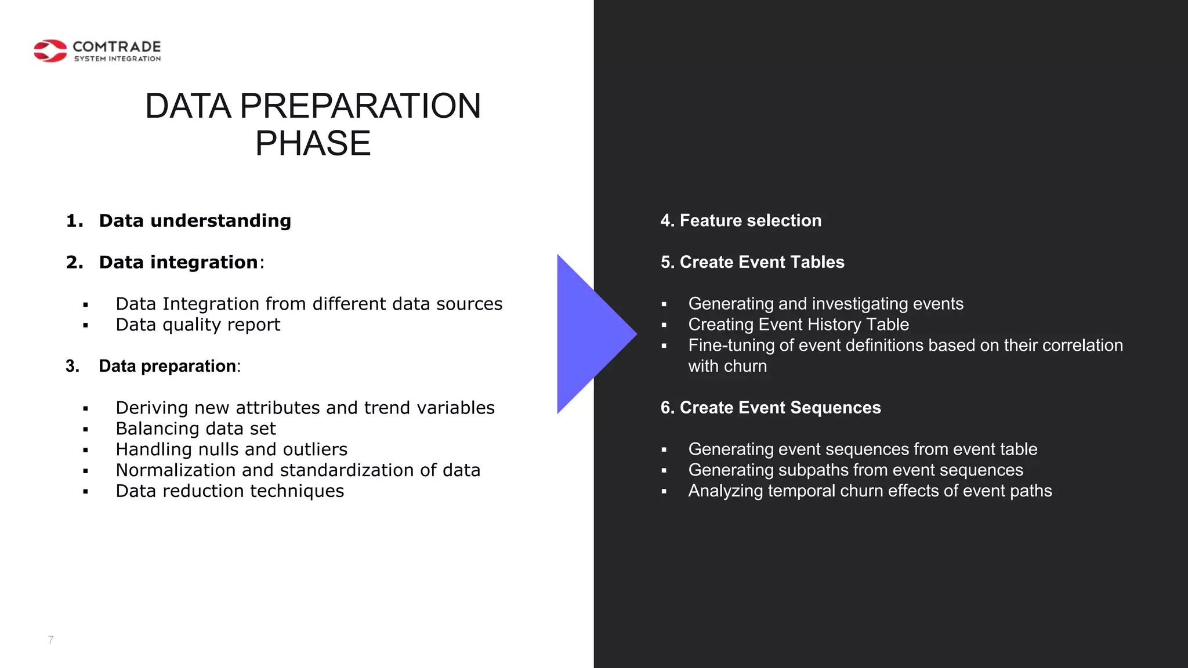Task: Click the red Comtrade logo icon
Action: point(50,51)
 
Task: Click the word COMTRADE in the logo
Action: point(117,46)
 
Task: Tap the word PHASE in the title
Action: point(313,143)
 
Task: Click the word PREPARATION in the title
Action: point(360,106)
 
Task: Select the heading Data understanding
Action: point(195,221)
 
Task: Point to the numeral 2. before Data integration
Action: point(74,263)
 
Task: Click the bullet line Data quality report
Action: point(198,325)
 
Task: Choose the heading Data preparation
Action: point(168,366)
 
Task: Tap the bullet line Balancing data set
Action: point(195,429)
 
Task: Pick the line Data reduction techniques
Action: point(230,491)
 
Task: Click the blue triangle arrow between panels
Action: point(589,334)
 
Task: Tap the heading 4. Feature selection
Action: point(741,221)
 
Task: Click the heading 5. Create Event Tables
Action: point(752,263)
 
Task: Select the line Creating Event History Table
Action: point(798,325)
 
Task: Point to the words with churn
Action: point(727,366)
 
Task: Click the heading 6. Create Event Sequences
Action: point(770,408)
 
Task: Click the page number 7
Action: point(51,640)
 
